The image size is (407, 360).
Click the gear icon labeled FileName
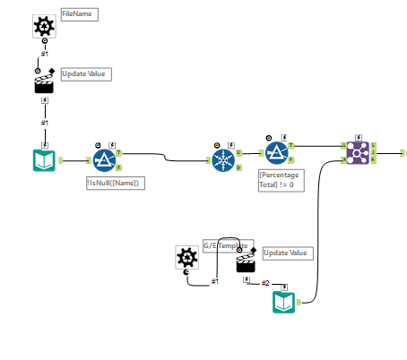point(43,28)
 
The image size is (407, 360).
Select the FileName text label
point(79,15)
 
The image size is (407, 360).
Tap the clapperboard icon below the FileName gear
point(43,82)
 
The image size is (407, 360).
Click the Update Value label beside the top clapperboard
point(86,73)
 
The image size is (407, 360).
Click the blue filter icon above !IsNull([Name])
point(103,159)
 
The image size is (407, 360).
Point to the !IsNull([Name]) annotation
point(116,183)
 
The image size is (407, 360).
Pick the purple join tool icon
point(358,152)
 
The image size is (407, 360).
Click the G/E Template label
point(228,244)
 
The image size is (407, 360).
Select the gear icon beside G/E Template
point(186,258)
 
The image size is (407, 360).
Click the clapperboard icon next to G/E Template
point(246,262)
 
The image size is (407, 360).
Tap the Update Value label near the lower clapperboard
point(287,253)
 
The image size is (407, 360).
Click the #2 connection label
point(265,283)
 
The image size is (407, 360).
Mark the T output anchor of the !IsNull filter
point(119,153)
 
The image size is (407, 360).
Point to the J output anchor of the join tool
point(373,152)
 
